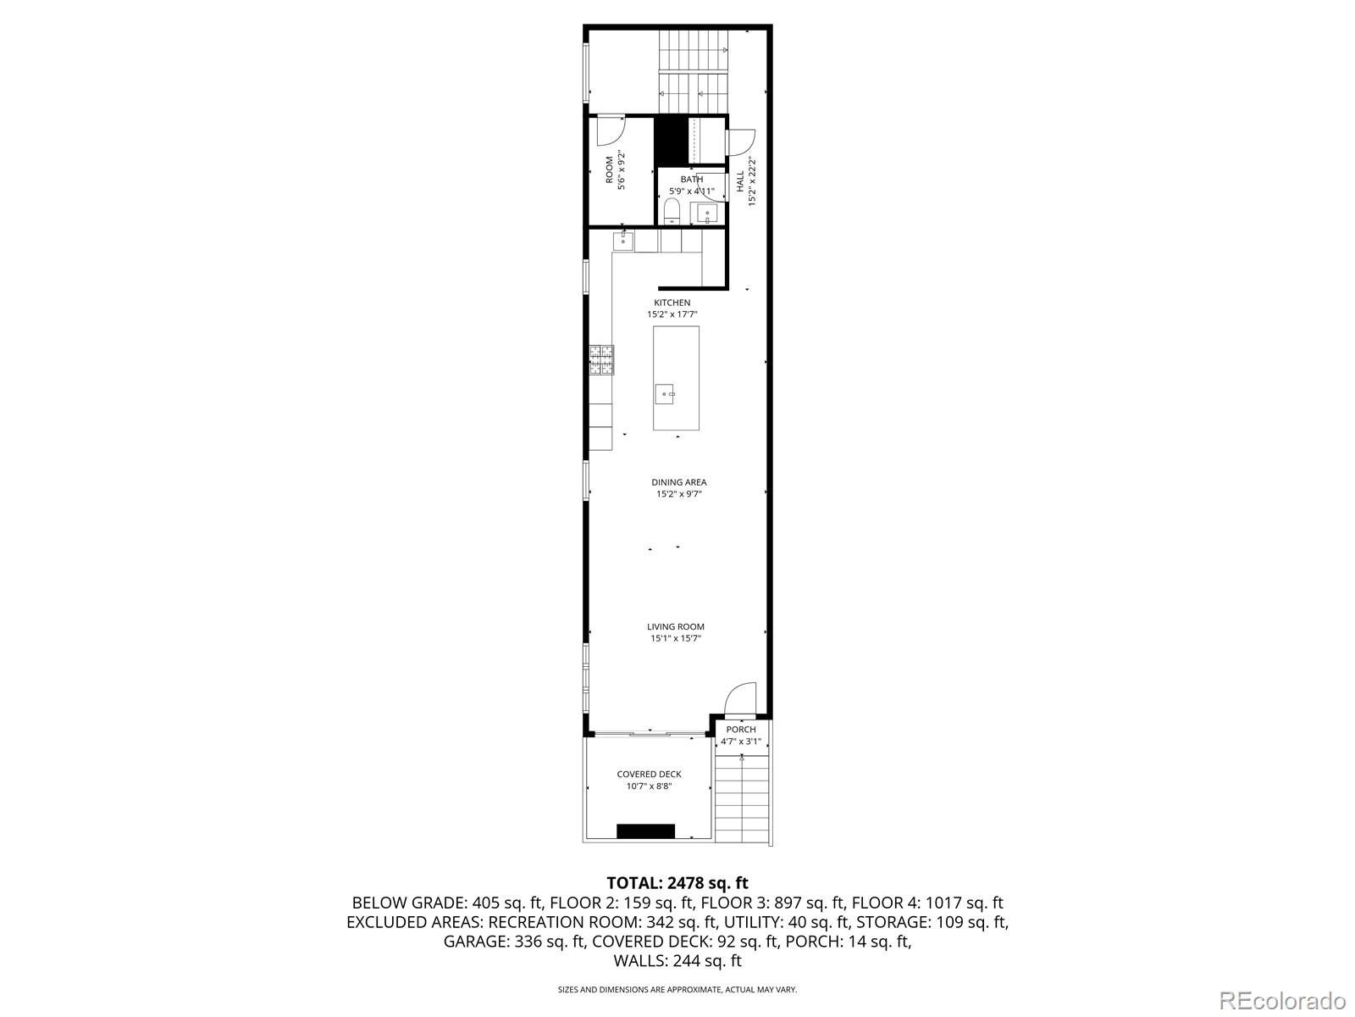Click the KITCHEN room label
(x=672, y=303)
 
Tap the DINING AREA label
(x=678, y=482)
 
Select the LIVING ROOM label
(x=675, y=627)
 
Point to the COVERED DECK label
(x=649, y=774)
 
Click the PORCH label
(x=741, y=730)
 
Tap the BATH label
(x=691, y=180)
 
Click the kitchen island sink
(x=665, y=393)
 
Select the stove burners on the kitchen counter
(x=602, y=359)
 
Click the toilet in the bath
(x=672, y=210)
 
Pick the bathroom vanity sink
(x=705, y=213)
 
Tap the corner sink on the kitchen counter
(x=623, y=241)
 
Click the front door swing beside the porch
(x=740, y=700)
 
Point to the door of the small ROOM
(x=609, y=131)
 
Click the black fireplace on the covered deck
(x=645, y=831)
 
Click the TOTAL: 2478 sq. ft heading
(x=677, y=883)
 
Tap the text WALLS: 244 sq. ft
(x=677, y=960)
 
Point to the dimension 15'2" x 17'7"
(x=672, y=314)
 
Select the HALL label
(x=740, y=181)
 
